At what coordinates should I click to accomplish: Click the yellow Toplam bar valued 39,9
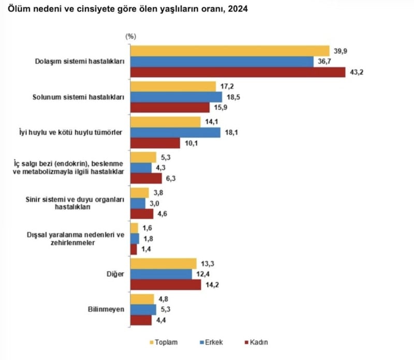point(230,51)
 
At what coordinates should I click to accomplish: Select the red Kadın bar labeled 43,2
point(238,73)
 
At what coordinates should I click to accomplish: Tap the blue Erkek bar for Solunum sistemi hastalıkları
point(176,97)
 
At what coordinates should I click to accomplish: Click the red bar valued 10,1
point(155,143)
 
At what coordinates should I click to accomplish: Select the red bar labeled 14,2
point(166,285)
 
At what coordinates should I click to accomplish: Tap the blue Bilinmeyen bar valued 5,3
point(143,310)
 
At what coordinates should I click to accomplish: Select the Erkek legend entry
point(209,342)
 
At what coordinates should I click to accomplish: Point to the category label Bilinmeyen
point(107,310)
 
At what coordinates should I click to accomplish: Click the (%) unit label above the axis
point(130,36)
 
